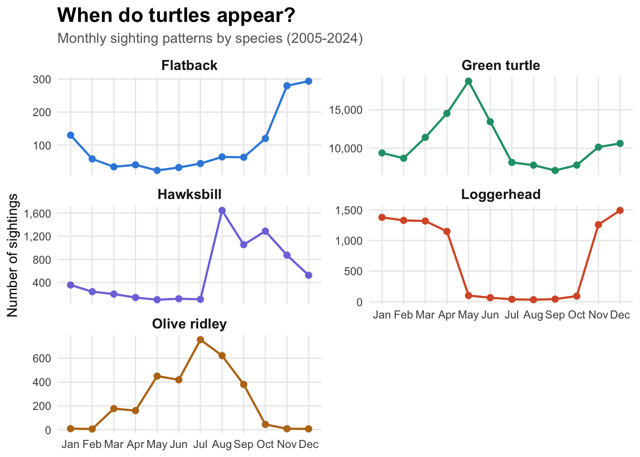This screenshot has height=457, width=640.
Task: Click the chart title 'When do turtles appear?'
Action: point(176,16)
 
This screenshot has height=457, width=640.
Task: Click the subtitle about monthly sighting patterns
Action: point(210,38)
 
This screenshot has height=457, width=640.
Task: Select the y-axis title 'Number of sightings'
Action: point(13,255)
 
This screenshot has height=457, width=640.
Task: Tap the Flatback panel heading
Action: point(190,65)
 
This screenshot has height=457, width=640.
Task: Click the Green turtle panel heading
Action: point(500,65)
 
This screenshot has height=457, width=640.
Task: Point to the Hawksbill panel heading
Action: point(190,194)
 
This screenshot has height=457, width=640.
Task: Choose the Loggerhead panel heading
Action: point(500,194)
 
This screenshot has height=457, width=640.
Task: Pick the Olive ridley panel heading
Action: point(190,324)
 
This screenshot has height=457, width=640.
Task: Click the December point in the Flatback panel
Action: point(309,81)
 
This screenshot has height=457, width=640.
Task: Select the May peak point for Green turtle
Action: point(469,81)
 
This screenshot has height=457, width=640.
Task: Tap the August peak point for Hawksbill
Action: point(222,210)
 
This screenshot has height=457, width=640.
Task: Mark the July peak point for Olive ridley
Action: point(200,340)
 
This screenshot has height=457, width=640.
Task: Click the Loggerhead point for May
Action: point(469,296)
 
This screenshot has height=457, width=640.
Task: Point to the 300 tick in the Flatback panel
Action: point(42,79)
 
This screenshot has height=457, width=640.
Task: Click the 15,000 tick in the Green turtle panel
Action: point(346,110)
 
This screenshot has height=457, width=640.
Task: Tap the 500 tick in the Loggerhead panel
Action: point(353,271)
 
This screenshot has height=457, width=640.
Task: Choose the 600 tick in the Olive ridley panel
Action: point(42,358)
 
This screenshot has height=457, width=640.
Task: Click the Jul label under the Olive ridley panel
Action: point(200,445)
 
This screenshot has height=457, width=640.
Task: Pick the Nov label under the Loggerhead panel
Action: point(598,315)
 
